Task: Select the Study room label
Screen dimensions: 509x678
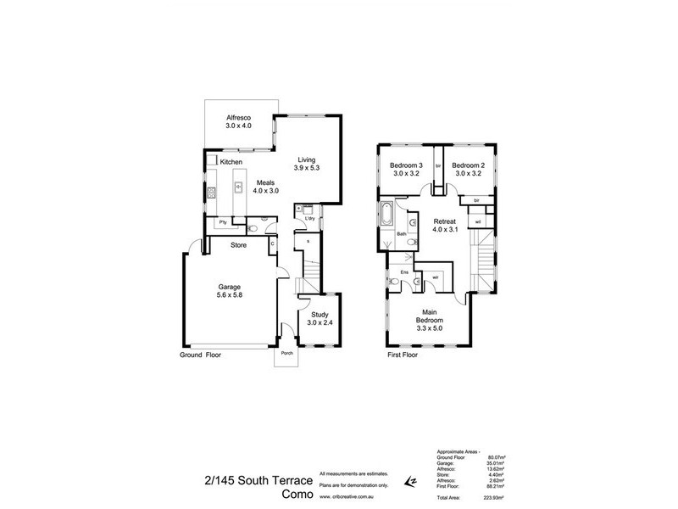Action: [x=318, y=314]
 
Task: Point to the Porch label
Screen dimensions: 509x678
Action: [x=287, y=355]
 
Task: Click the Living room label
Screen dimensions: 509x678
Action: [x=305, y=159]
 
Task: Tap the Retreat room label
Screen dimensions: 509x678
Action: [x=445, y=221]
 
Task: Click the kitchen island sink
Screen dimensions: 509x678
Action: [x=238, y=186]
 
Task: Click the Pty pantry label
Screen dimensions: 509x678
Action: [x=222, y=222]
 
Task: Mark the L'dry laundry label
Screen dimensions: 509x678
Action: [x=311, y=218]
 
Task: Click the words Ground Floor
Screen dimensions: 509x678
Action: [x=201, y=355]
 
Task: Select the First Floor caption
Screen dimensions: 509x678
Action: [x=403, y=355]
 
